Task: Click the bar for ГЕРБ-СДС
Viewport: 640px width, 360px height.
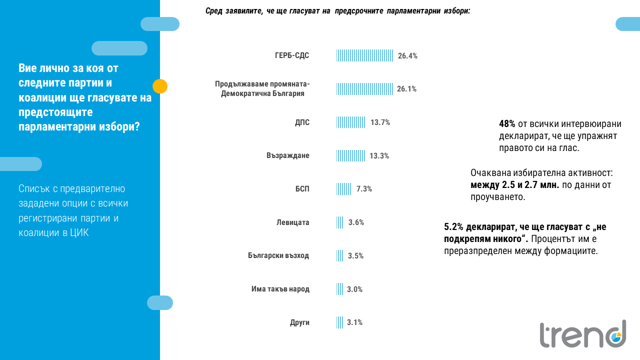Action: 365,55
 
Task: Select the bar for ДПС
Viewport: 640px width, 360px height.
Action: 350,122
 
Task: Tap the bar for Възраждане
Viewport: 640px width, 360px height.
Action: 350,155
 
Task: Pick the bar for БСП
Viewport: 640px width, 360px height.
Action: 343,189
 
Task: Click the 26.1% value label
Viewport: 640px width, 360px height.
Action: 406,89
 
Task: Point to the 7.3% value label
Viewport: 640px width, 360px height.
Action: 364,189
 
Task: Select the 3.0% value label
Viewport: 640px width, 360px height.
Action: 354,289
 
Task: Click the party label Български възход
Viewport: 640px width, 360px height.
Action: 278,255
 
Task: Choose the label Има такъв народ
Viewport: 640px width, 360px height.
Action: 280,289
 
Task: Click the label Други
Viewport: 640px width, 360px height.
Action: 299,322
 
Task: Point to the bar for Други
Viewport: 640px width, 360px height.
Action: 340,322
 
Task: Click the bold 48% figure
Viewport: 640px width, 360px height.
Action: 507,124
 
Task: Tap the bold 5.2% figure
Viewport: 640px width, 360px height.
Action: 453,227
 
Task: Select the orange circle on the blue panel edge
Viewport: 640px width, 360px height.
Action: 160,86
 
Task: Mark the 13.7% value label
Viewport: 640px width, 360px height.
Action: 380,122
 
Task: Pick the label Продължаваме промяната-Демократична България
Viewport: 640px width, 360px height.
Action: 262,88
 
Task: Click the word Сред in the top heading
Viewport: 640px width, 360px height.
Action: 214,11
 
